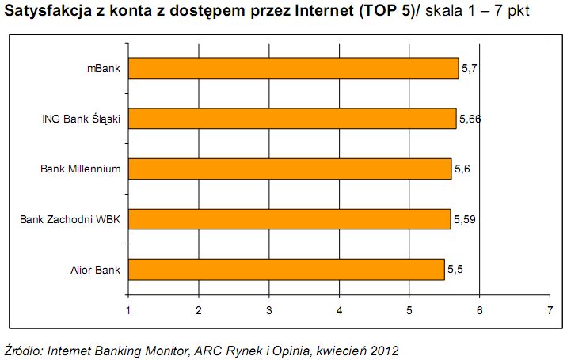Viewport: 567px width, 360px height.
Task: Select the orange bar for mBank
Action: coord(293,69)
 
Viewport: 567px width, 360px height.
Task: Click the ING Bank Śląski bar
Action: coord(291,119)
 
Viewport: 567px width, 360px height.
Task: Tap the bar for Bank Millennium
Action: coord(289,169)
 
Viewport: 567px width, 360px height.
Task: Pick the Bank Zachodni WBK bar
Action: coord(289,219)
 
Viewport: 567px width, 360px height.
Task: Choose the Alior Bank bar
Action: coord(286,269)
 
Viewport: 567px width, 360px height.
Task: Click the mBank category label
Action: coord(103,69)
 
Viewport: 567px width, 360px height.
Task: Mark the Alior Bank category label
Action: coord(95,270)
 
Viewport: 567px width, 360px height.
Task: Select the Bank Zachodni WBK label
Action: coord(70,219)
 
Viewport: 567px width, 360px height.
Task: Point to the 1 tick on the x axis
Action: coord(128,310)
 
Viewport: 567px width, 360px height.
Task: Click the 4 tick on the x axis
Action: coord(339,310)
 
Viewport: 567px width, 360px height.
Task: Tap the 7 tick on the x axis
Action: coord(550,310)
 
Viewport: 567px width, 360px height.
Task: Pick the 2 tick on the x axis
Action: coord(199,310)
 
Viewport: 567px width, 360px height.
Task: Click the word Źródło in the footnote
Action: coord(24,349)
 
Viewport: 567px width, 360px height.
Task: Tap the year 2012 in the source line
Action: coord(383,349)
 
